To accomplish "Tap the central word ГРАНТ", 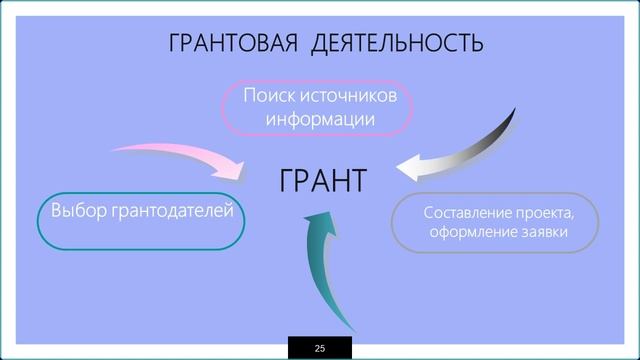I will tap(322, 182).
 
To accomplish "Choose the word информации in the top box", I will tap(320, 119).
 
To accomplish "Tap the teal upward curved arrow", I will tap(320, 270).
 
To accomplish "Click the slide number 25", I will tap(320, 348).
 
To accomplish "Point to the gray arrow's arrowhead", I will tap(412, 165).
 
